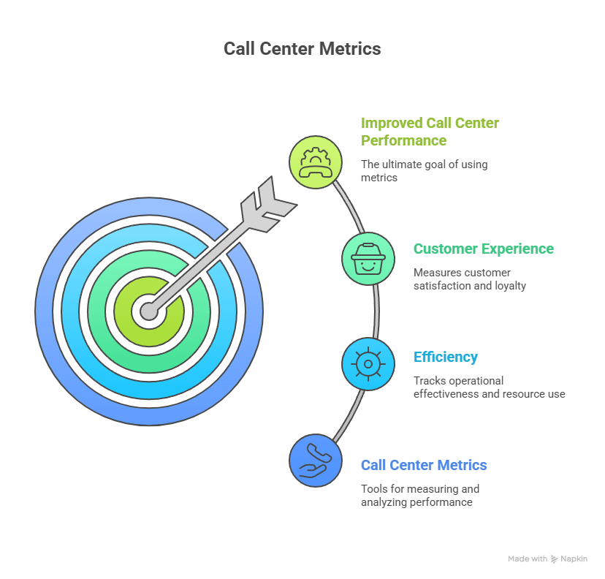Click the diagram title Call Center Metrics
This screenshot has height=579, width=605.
[x=302, y=49]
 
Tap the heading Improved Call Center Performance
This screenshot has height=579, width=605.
[x=430, y=132]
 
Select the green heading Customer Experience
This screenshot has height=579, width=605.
[x=483, y=249]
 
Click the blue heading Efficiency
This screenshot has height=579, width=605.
[x=446, y=357]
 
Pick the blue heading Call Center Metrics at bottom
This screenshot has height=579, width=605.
[x=424, y=465]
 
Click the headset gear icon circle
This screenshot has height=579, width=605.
[x=316, y=161]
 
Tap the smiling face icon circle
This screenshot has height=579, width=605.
[x=368, y=258]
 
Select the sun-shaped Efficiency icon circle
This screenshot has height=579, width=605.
[x=368, y=363]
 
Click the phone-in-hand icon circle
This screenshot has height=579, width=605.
[x=316, y=460]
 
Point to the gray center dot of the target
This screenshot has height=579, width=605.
[x=149, y=311]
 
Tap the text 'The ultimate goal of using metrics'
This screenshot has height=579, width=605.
[x=424, y=170]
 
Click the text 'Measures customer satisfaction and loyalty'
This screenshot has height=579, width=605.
[x=469, y=279]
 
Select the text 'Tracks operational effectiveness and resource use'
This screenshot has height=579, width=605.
[x=489, y=387]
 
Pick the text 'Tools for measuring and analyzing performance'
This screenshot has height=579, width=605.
[x=419, y=495]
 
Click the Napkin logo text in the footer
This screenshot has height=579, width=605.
[x=574, y=559]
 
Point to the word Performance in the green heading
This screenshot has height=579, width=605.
[x=404, y=140]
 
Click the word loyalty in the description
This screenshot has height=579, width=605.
[x=510, y=286]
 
